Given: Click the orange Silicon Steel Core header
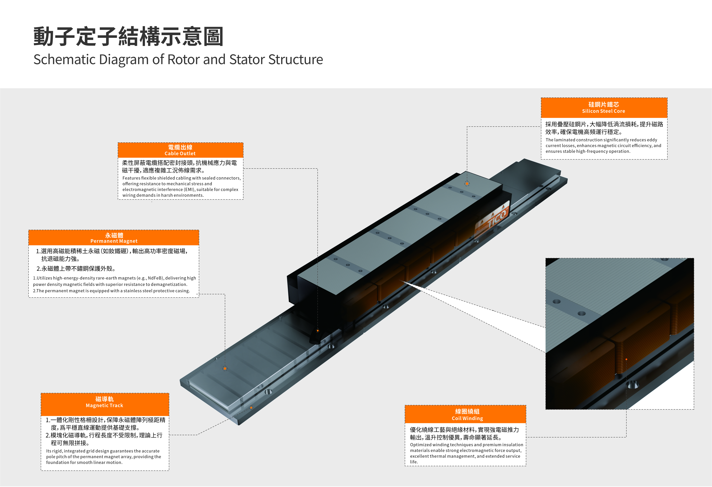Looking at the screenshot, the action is coord(604,108).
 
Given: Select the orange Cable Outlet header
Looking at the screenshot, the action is coord(181,150).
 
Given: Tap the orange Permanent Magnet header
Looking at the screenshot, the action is coord(114,238).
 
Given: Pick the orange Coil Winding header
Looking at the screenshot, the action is coord(465,414).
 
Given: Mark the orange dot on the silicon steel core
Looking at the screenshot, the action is coord(467,184).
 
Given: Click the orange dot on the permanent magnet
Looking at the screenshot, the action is coord(225,368).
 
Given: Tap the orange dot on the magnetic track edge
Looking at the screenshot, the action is coord(251,408).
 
